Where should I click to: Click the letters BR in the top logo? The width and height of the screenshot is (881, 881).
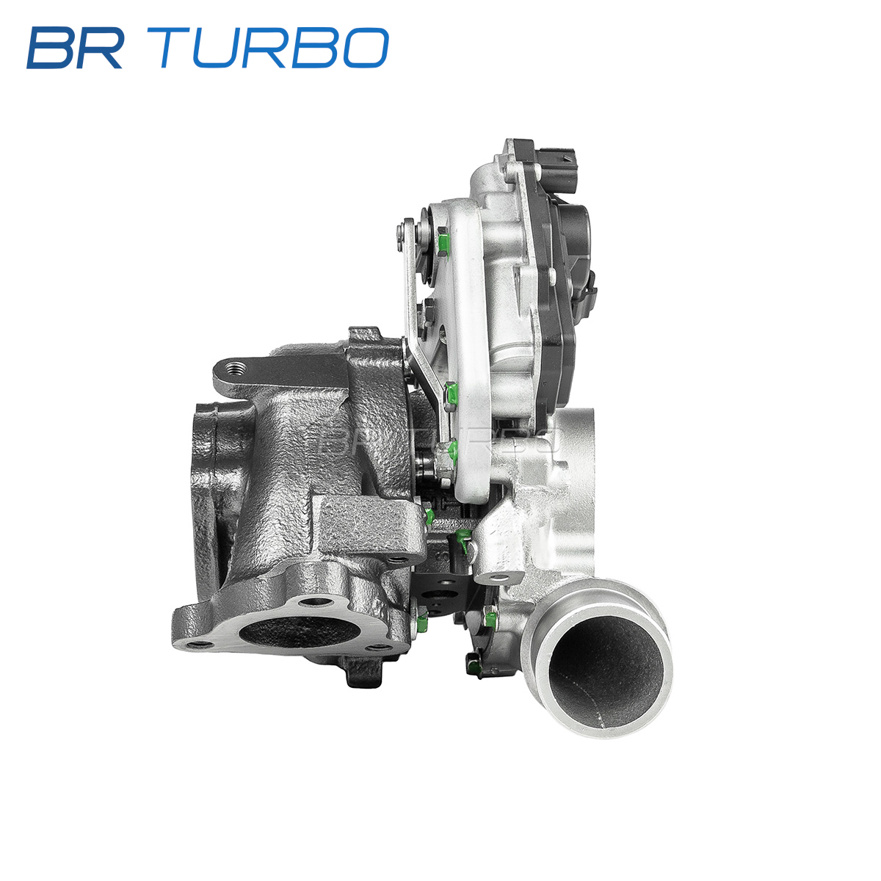tap(75, 48)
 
